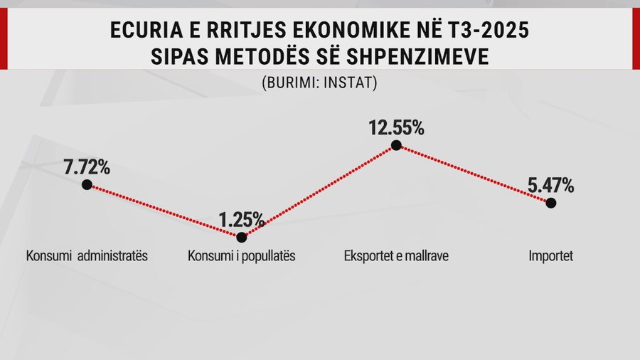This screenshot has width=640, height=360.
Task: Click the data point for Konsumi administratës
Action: pos(87,184)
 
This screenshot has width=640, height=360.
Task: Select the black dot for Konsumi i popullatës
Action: pos(242,237)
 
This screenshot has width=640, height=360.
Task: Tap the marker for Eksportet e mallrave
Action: pos(397,145)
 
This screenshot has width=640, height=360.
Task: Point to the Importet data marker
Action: pos(551,203)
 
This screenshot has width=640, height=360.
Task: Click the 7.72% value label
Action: pos(87,167)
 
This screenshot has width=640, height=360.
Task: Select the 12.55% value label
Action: pos(396,128)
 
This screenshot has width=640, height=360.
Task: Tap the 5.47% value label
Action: pos(550,186)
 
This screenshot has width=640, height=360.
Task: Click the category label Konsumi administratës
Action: pos(87,256)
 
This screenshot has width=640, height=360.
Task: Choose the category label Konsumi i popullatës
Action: pos(241,256)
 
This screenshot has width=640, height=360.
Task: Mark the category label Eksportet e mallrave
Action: pos(396,256)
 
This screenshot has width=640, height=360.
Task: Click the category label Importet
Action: pos(551,256)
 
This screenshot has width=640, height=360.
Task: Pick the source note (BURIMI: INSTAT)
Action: pos(319,82)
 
